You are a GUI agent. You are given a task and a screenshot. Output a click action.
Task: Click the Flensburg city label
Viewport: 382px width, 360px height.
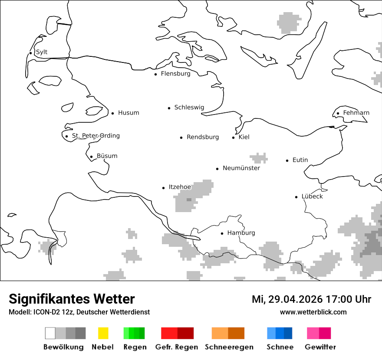(x=175, y=74)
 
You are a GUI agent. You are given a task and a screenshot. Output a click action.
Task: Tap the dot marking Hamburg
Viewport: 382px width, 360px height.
(x=222, y=233)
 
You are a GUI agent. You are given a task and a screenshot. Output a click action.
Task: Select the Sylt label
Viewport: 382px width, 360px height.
(x=42, y=52)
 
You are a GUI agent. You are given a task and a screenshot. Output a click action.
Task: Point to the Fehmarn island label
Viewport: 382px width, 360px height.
(x=356, y=113)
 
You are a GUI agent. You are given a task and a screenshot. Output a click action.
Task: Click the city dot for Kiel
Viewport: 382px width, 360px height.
(x=233, y=137)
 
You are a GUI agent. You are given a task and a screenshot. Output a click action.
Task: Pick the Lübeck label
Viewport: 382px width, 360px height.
(x=312, y=196)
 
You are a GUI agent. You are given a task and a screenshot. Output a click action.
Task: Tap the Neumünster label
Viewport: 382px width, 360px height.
(x=241, y=168)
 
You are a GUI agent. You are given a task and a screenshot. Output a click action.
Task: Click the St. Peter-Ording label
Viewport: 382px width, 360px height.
(x=95, y=136)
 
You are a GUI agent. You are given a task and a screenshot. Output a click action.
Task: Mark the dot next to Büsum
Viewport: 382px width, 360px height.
(x=91, y=157)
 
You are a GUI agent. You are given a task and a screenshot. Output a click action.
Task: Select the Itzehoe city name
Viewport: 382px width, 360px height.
(x=180, y=187)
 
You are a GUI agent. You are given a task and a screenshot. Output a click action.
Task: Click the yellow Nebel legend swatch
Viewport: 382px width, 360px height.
(x=103, y=333)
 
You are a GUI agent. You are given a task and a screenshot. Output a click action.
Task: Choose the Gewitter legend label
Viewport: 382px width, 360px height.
(x=320, y=347)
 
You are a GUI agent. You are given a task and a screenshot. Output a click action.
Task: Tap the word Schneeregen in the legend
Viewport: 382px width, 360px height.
(x=229, y=347)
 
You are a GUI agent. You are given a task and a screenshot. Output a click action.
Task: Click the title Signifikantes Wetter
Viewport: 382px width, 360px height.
(x=72, y=299)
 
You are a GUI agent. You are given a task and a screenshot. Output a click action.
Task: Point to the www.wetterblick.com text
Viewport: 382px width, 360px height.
(x=313, y=312)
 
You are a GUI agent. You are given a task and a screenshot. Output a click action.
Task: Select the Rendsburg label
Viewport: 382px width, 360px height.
(x=203, y=137)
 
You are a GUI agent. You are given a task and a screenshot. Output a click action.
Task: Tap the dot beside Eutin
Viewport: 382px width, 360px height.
(x=287, y=160)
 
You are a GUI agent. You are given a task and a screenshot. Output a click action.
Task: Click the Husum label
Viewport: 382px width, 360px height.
(x=128, y=113)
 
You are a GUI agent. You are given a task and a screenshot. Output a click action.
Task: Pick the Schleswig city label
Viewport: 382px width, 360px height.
(x=189, y=107)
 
